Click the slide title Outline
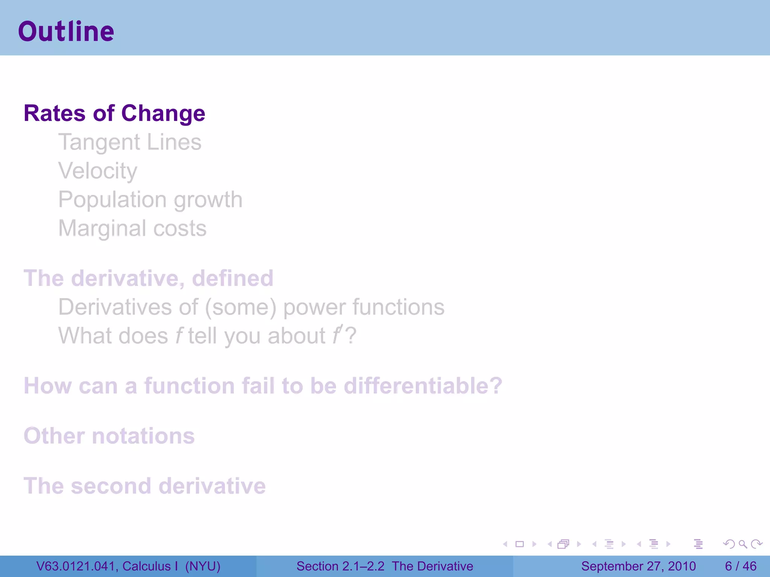[66, 31]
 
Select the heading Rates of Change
[114, 113]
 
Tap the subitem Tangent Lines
[130, 142]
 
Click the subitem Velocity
[98, 171]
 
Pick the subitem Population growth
[150, 200]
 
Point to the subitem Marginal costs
[132, 228]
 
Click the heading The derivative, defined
[148, 278]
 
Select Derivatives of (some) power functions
[251, 307]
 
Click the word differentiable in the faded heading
[423, 386]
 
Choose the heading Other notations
[109, 436]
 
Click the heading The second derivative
[144, 486]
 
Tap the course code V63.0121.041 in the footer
[76, 566]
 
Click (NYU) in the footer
[203, 566]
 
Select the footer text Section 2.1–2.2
[340, 566]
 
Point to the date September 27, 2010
[638, 566]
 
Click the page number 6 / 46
[740, 566]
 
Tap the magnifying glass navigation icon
[743, 544]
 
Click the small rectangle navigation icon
[520, 544]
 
